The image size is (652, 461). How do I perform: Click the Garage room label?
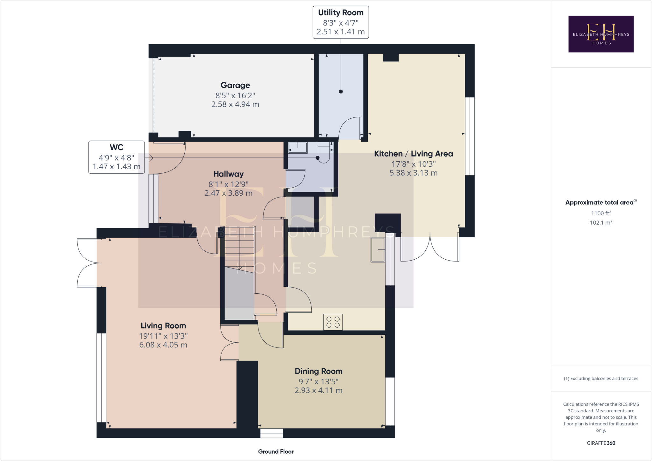tap(235, 85)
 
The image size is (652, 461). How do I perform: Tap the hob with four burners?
tap(333, 322)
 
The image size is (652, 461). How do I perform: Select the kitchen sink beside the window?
tap(378, 250)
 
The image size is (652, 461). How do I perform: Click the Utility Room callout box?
tap(341, 22)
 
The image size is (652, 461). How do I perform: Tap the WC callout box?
tap(117, 157)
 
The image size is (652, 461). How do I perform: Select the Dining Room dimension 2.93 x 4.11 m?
tap(318, 390)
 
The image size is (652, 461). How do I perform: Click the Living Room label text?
tap(163, 326)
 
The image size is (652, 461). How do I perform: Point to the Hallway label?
tap(228, 174)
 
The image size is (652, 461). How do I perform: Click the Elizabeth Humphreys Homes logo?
tap(601, 34)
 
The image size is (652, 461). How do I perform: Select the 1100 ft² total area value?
tap(601, 213)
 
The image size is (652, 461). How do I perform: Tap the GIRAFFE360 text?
tap(601, 443)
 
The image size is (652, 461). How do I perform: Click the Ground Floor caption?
tap(276, 451)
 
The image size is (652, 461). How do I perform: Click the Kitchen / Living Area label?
tap(413, 154)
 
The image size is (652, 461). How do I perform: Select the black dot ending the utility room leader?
tap(341, 92)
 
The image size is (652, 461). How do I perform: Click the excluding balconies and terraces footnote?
tap(601, 378)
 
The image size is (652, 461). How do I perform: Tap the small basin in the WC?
tap(298, 148)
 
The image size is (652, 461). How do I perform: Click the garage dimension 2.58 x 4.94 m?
tap(235, 104)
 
